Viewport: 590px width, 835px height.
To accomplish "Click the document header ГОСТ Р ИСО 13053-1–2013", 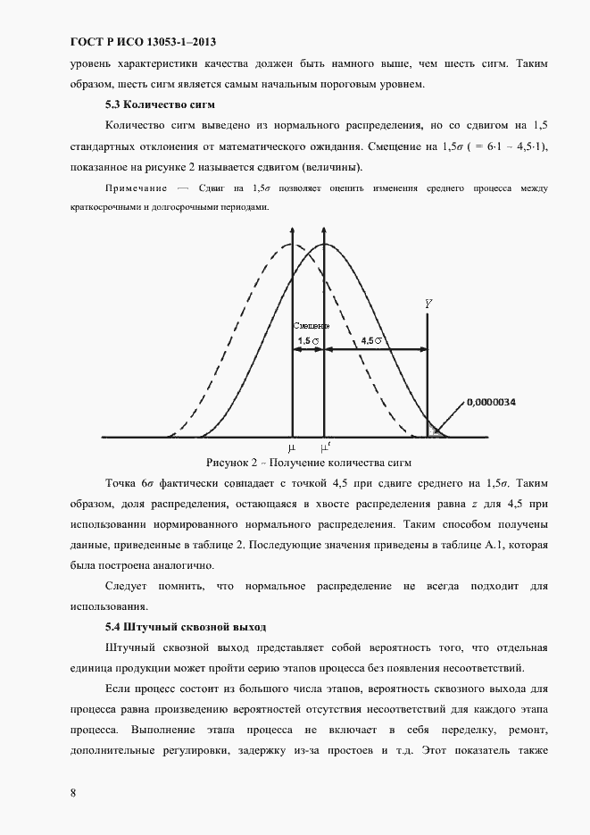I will [x=143, y=42].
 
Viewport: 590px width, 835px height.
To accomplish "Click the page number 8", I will [x=72, y=792].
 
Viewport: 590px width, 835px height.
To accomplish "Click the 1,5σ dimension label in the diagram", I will [x=309, y=341].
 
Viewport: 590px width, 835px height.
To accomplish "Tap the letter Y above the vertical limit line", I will [x=428, y=305].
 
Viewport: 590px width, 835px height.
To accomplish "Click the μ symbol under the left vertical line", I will [x=291, y=447].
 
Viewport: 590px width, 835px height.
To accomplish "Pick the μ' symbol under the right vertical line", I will [x=326, y=446].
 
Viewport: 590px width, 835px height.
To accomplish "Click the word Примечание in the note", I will [x=137, y=188].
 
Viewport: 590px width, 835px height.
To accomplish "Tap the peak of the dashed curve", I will [x=291, y=244].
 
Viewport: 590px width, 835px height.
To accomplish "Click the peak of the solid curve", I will [x=324, y=244].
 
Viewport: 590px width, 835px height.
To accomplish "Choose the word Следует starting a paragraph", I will [x=128, y=586].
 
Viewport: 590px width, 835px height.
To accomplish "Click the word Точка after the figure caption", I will [x=123, y=483].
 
